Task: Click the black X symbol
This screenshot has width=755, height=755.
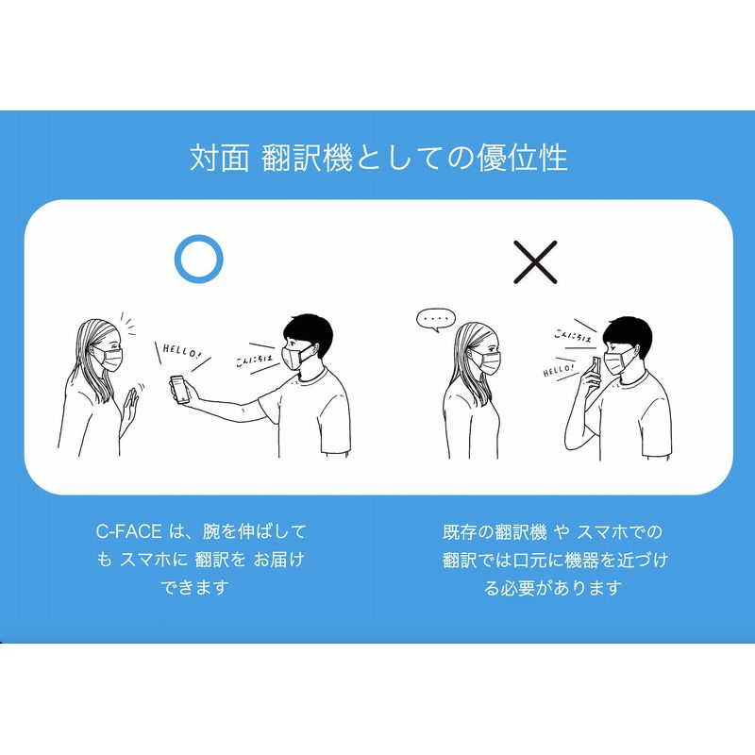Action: (x=535, y=262)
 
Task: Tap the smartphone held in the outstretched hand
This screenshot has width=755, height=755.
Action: (x=179, y=390)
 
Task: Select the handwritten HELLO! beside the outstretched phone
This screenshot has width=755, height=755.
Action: (x=180, y=351)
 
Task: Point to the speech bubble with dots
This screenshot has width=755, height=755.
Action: (x=436, y=320)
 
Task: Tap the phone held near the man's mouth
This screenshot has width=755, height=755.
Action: (x=596, y=370)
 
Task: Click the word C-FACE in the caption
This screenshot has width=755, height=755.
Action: (x=129, y=531)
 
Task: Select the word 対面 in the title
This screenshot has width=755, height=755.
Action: (x=220, y=158)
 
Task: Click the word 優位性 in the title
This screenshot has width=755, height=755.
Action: (x=522, y=158)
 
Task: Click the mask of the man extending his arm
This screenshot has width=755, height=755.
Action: (x=295, y=357)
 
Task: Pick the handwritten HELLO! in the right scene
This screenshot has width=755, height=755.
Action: (x=559, y=370)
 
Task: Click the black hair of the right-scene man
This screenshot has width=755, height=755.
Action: (x=629, y=334)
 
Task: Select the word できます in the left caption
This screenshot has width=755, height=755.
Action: (x=194, y=587)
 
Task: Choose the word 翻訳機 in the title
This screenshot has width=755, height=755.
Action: (x=308, y=158)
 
